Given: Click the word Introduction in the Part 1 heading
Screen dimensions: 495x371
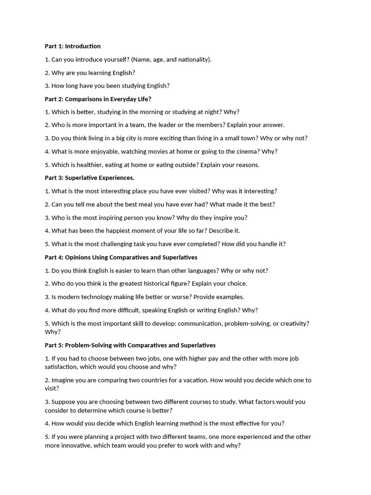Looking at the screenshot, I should tap(83, 46).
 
